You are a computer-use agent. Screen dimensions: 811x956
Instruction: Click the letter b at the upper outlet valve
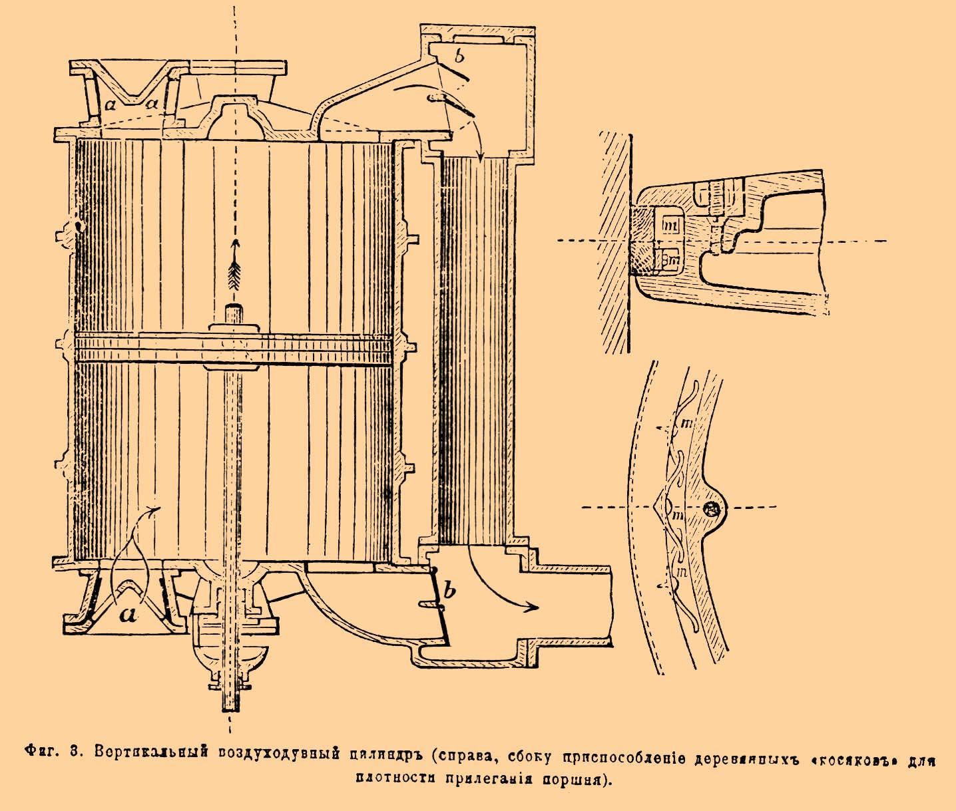459,56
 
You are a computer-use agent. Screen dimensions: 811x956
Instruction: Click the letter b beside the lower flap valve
449,590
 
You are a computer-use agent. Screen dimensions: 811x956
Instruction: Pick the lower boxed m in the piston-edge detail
672,261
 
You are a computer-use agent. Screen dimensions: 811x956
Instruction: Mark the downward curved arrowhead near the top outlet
480,155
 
